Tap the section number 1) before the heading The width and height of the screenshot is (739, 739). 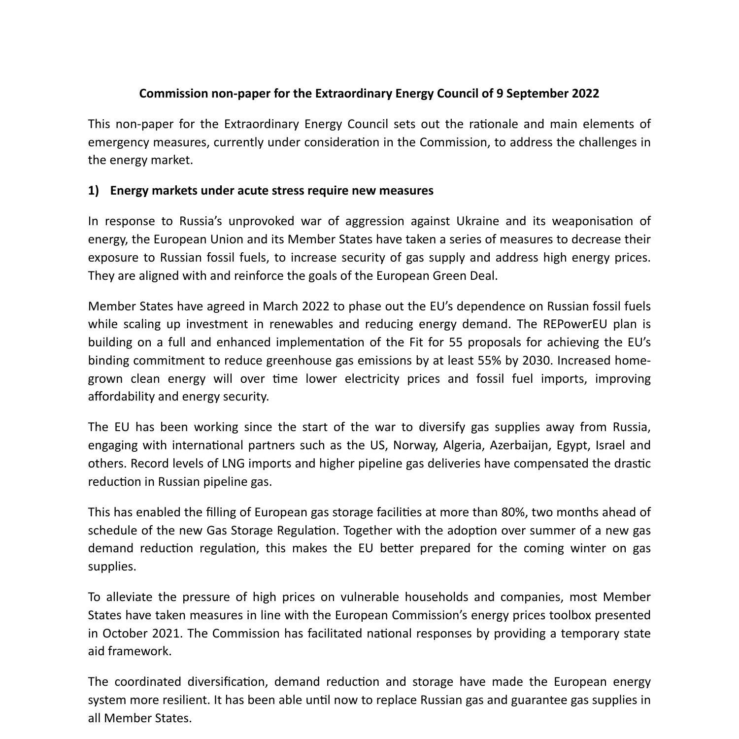pos(94,191)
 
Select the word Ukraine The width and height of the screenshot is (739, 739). pos(477,221)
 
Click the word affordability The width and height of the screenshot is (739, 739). pos(121,397)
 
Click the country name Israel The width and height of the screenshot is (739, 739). pos(610,445)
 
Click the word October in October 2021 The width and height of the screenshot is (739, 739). pos(125,633)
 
